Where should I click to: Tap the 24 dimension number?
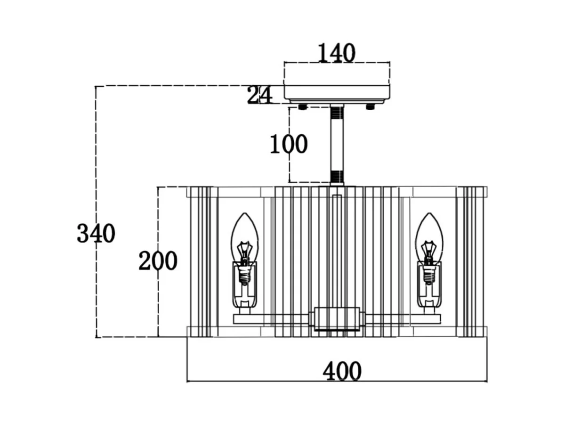260,95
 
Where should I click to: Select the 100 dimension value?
289,144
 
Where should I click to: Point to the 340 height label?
96,233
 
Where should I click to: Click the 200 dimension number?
158,261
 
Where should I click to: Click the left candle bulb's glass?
244,231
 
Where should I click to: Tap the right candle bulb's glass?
429,231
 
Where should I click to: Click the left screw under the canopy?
303,107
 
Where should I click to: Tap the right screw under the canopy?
371,107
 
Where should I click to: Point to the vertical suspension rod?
337,144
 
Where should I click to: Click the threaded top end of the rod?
337,113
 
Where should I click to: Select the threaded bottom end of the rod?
337,177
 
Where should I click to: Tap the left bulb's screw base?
244,274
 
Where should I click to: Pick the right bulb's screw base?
429,274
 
